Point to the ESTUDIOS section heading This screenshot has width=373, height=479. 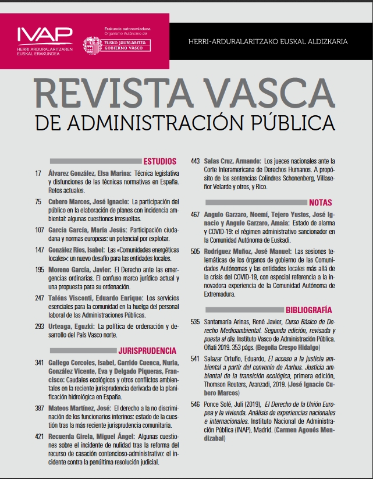click(x=160, y=162)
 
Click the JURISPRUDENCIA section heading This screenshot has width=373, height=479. click(x=147, y=351)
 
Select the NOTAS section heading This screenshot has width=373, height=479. click(x=321, y=203)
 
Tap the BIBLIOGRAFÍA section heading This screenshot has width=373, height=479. click(x=309, y=310)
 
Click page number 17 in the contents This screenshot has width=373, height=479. click(x=39, y=174)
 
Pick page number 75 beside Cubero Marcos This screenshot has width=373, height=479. click(x=39, y=201)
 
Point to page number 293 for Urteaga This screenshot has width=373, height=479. click(x=40, y=327)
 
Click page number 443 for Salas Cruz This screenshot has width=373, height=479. click(x=195, y=161)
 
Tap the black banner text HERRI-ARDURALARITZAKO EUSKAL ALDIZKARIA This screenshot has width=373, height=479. click(x=268, y=42)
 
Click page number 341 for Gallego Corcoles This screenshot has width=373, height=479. click(x=40, y=363)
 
